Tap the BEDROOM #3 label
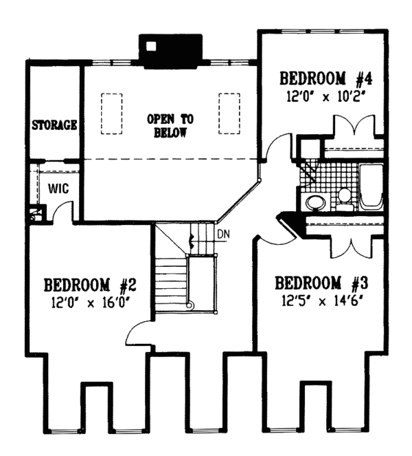click(x=317, y=283)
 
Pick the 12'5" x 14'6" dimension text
click(x=317, y=300)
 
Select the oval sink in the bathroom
click(x=316, y=202)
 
